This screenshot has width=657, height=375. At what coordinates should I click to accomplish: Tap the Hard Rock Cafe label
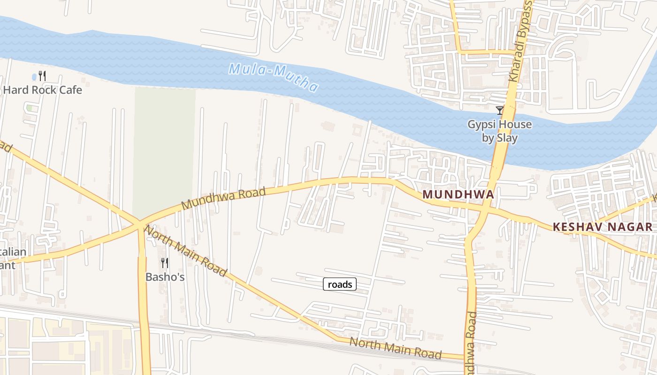click(x=43, y=90)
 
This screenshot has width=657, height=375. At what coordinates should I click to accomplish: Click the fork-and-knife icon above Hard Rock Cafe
click(x=42, y=75)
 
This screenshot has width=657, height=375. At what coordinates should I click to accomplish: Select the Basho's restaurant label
click(x=165, y=277)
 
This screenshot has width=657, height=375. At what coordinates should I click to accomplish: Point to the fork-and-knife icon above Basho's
click(x=164, y=262)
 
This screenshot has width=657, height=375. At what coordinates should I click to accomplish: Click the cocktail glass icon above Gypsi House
click(x=500, y=111)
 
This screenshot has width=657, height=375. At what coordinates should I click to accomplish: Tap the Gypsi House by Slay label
click(x=500, y=131)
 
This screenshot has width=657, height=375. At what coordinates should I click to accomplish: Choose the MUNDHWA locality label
click(x=458, y=194)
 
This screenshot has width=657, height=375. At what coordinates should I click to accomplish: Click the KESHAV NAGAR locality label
click(x=602, y=227)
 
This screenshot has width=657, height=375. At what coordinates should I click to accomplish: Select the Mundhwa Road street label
click(x=223, y=198)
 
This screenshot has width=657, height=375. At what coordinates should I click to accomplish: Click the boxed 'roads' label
click(x=340, y=284)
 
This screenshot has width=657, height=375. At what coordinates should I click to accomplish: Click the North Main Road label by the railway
click(x=396, y=348)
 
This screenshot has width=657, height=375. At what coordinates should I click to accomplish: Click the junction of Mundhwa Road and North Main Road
click(x=139, y=224)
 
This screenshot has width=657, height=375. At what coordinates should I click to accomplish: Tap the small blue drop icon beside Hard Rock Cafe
click(x=34, y=76)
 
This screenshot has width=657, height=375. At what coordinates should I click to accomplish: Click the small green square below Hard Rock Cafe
click(x=30, y=108)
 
